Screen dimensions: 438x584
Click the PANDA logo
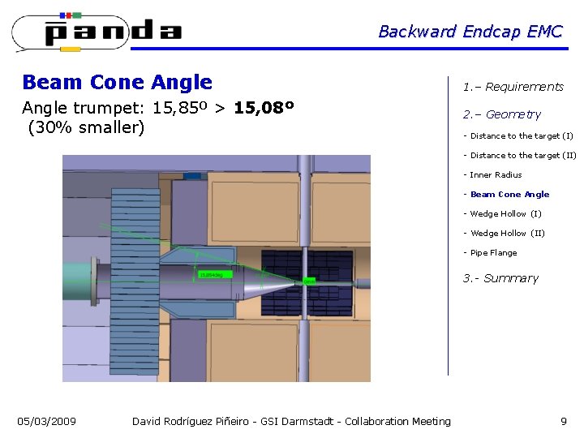97,32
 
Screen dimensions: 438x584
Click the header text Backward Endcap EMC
470,32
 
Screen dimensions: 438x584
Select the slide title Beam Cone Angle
118,82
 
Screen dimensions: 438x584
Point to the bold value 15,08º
264,108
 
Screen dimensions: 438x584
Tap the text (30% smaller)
86,128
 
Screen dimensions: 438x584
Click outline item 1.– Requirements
513,87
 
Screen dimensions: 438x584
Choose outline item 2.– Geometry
501,114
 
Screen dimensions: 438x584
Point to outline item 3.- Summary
500,278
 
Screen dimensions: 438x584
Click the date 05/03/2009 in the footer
47,421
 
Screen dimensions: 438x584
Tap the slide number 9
563,421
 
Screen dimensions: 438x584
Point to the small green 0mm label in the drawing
309,281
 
